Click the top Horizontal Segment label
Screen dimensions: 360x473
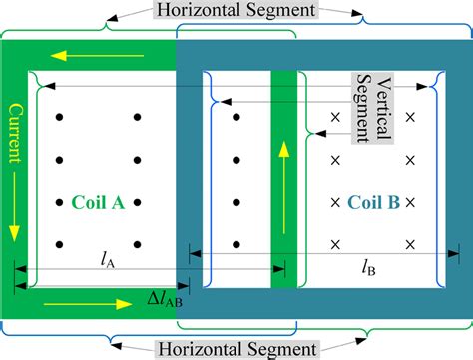pos(236,12)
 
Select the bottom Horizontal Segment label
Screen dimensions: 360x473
pos(236,348)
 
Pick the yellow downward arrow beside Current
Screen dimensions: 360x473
pos(14,219)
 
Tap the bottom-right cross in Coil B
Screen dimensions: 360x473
pos(410,243)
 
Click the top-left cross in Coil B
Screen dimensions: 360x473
pos(336,118)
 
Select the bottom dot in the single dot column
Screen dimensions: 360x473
pos(236,243)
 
